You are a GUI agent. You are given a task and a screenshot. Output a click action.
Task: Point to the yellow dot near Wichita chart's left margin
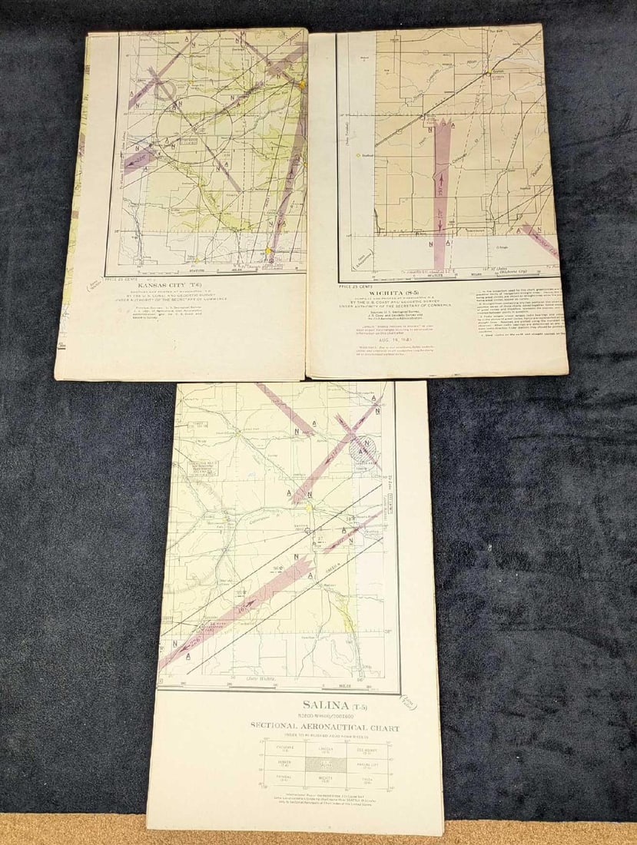coord(358,154)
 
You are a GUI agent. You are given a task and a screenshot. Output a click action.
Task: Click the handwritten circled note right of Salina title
coord(411,704)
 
